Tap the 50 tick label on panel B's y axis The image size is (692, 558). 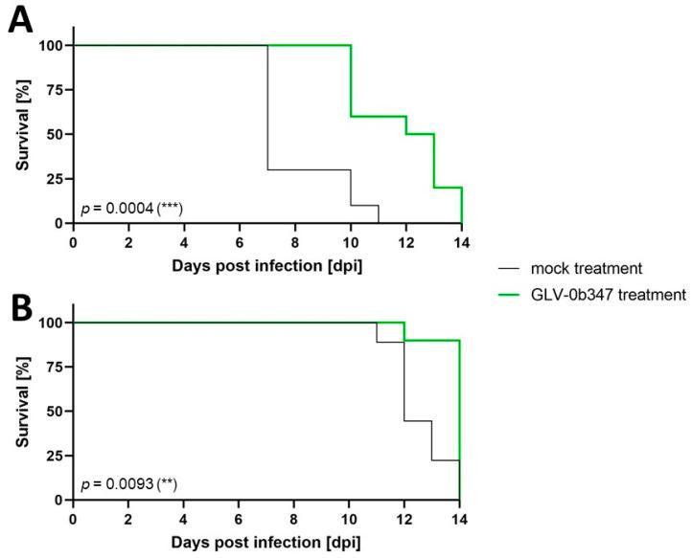(x=55, y=411)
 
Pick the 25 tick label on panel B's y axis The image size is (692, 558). (x=55, y=456)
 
